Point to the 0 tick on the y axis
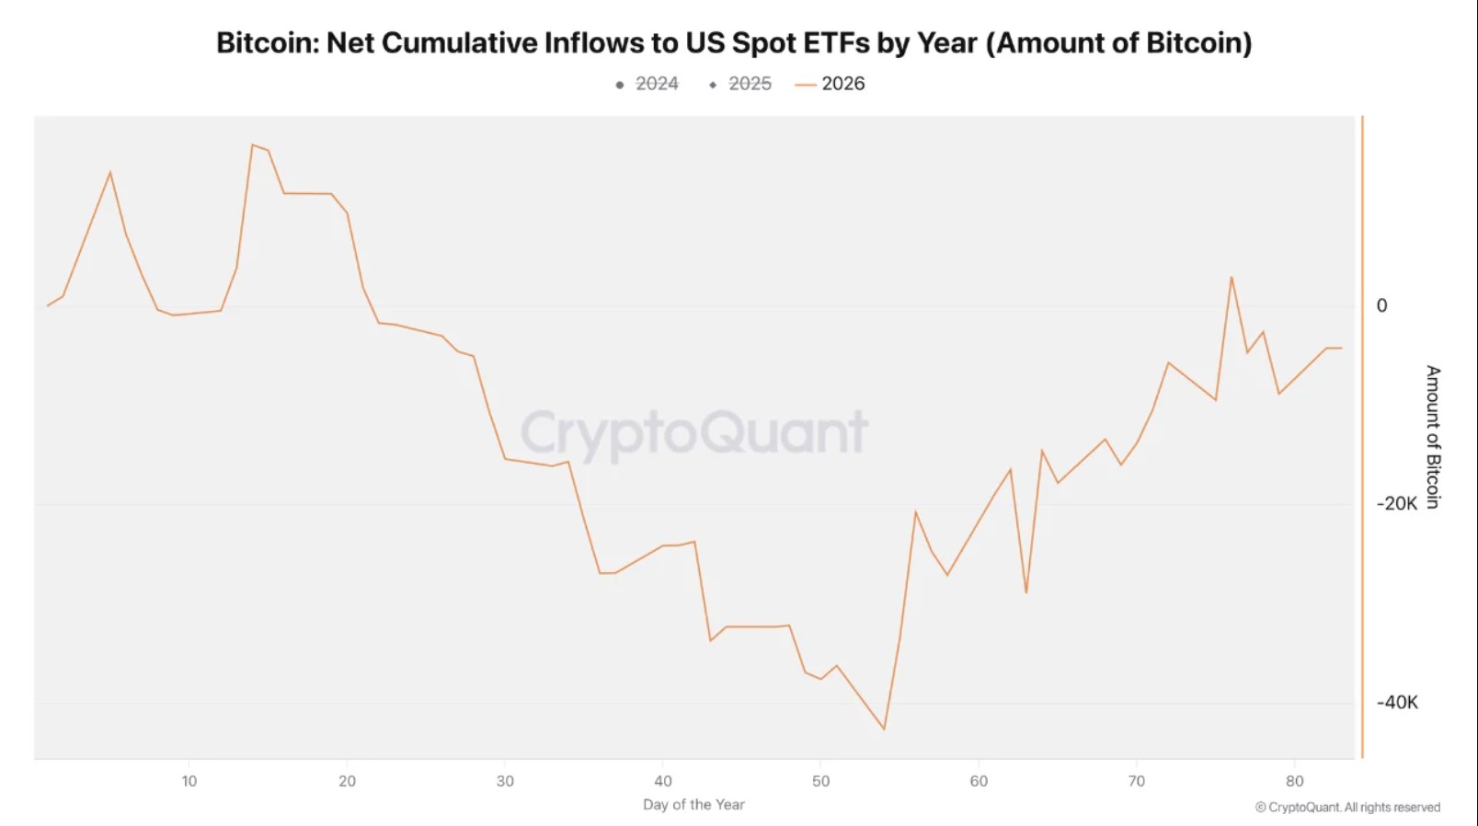click(x=1381, y=305)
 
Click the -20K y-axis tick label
click(x=1397, y=504)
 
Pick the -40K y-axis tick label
click(x=1397, y=703)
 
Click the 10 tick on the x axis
click(x=189, y=781)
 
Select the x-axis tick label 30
click(x=505, y=781)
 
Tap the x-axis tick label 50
click(x=820, y=781)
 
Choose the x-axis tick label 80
click(x=1294, y=781)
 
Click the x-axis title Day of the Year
click(x=693, y=805)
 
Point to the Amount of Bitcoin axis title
click(x=1433, y=437)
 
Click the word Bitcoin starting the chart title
click(x=267, y=43)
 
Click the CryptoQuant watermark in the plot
click(x=694, y=432)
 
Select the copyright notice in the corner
click(x=1347, y=808)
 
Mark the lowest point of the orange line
click(x=884, y=729)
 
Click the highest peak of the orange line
click(x=252, y=144)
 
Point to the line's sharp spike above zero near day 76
click(x=1231, y=277)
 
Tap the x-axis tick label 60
click(x=979, y=781)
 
